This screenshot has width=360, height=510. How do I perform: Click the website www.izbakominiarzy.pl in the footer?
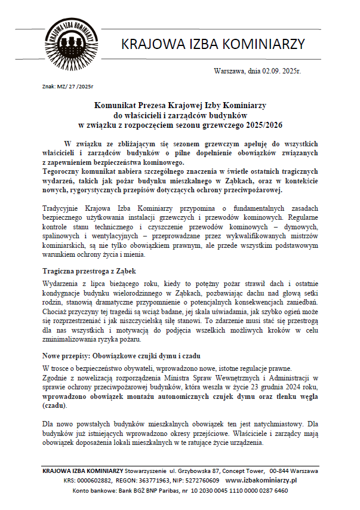point(261,480)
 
